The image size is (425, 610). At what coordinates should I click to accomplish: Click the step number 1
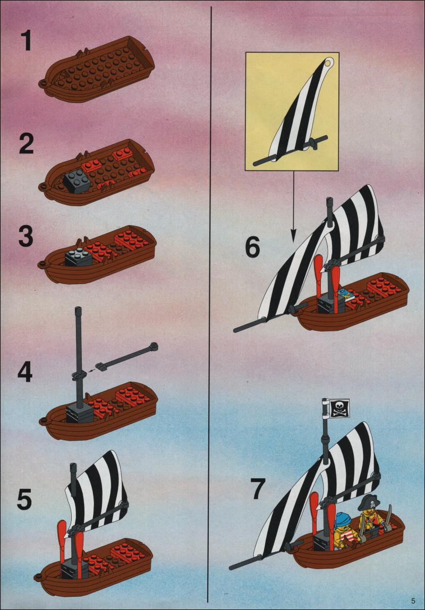[x=26, y=41]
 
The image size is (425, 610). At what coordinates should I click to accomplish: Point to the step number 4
[x=25, y=372]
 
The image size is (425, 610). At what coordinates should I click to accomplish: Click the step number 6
[x=252, y=247]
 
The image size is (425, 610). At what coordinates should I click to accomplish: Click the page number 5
[x=413, y=599]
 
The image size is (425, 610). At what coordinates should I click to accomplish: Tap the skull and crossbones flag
[x=339, y=408]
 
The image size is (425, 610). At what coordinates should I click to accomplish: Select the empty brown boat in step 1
[x=97, y=69]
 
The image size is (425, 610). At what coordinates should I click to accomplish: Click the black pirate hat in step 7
[x=368, y=503]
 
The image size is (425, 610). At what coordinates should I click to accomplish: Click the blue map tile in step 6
[x=346, y=294]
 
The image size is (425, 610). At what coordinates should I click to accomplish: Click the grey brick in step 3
[x=79, y=257]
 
